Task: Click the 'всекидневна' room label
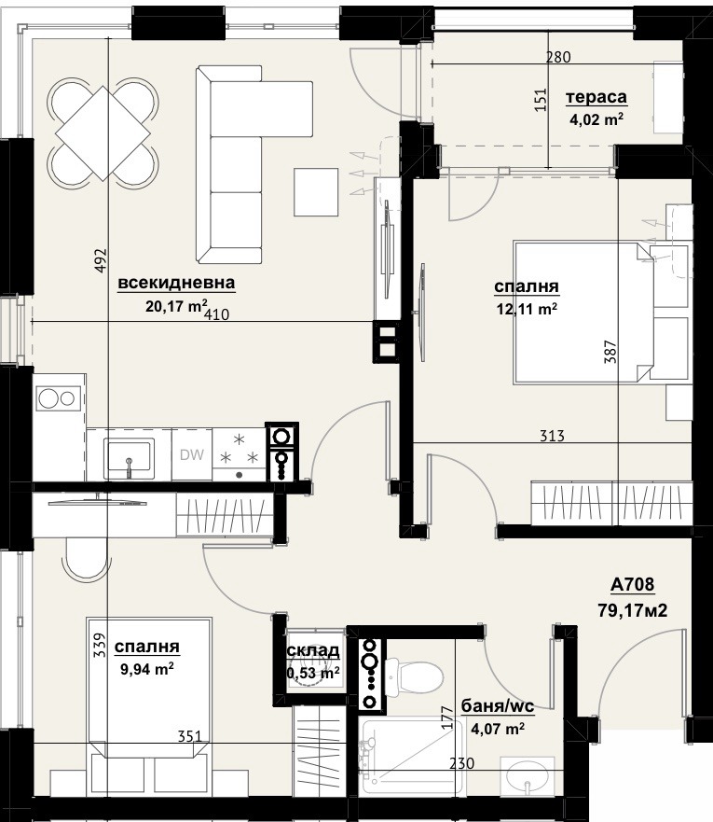point(176,283)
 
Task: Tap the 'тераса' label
point(596,98)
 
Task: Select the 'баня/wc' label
point(498,706)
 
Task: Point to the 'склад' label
point(313,651)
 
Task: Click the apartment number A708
point(633,584)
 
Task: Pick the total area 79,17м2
point(633,610)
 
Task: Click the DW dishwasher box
point(192,454)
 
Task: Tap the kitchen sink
point(129,458)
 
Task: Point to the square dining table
point(103,133)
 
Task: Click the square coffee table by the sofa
point(316,192)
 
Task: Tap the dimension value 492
point(101,260)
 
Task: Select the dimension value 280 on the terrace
point(558,57)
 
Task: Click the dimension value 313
point(553,436)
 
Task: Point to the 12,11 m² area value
point(527,309)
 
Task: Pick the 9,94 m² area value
point(147,669)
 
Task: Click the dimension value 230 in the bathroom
point(461,763)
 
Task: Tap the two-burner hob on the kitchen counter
point(59,399)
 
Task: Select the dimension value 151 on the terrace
point(541,99)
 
